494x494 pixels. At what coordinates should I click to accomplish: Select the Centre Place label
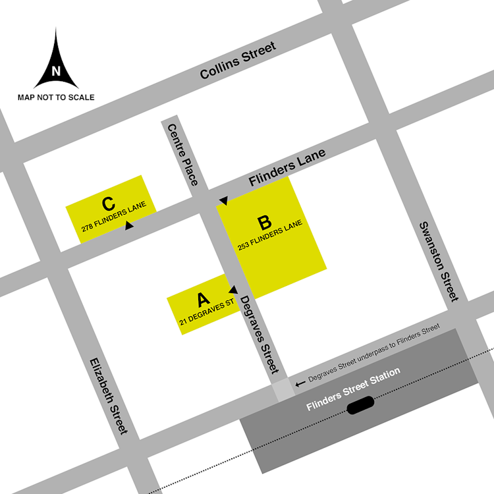(182, 155)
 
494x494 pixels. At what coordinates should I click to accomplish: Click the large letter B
(264, 223)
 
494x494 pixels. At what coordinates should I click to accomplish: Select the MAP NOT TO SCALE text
(56, 97)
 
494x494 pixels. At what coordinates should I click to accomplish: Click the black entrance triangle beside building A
(233, 289)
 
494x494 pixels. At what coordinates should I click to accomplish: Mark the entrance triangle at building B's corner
(223, 200)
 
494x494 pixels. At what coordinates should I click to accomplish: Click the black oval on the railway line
(360, 405)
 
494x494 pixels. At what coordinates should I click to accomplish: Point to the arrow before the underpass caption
(300, 382)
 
